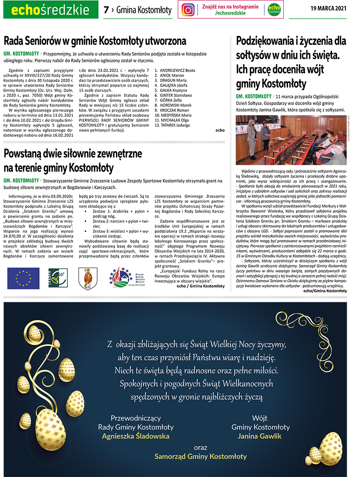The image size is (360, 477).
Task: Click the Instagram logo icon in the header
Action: [188, 10]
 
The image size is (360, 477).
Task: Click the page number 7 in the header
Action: [106, 10]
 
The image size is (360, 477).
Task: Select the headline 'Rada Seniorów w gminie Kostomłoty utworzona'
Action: [95, 41]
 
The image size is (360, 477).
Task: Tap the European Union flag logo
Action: [23, 278]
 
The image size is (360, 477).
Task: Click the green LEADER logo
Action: [55, 278]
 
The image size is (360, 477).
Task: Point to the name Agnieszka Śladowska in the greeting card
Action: [136, 436]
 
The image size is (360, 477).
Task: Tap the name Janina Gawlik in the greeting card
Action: [260, 436]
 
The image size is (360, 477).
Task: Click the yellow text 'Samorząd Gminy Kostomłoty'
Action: [200, 456]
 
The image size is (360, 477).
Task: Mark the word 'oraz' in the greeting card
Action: [200, 447]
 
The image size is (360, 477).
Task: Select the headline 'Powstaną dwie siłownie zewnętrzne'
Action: [73, 154]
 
